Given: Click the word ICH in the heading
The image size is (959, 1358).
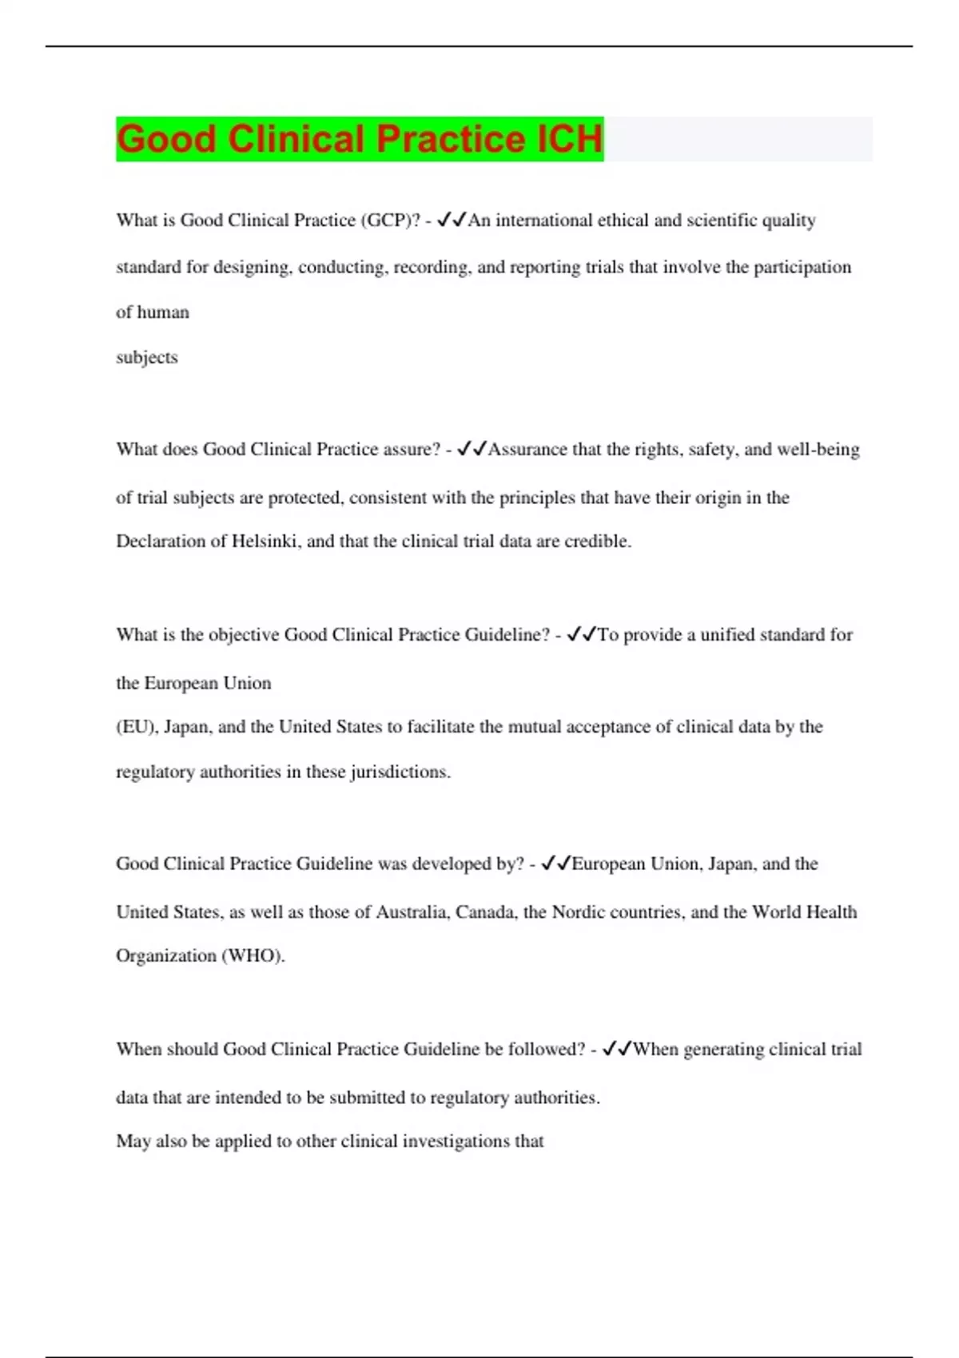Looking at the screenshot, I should [570, 139].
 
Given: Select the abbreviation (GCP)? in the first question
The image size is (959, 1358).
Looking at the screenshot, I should [391, 220].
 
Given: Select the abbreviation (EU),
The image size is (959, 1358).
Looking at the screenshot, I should [137, 727].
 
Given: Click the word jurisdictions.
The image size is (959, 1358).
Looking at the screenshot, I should [400, 772].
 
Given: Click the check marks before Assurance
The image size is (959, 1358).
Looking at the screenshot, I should [472, 450].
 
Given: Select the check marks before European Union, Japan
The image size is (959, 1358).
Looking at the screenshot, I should [555, 864].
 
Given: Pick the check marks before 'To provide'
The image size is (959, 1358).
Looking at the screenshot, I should [581, 635].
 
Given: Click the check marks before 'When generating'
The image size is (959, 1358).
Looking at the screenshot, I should [617, 1049].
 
